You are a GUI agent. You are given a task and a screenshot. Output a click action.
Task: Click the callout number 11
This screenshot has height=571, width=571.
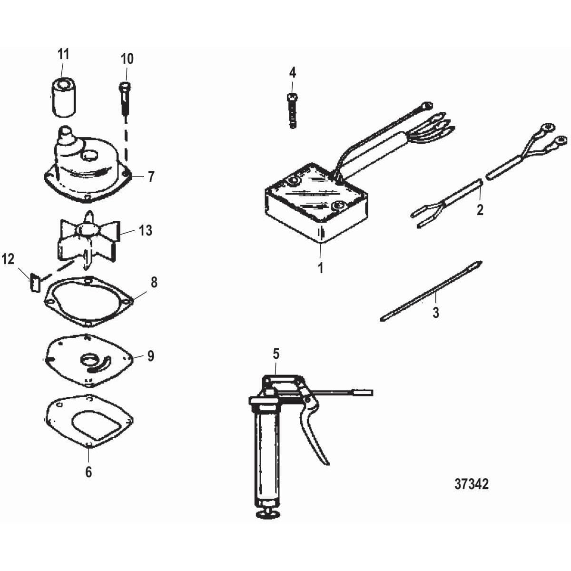[x=63, y=54]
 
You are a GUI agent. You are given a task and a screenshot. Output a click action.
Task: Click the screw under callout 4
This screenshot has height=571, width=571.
[x=293, y=110]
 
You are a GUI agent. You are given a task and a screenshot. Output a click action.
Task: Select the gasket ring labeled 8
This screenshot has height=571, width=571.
[x=89, y=302]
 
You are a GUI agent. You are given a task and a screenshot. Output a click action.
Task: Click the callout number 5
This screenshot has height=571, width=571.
[x=276, y=354]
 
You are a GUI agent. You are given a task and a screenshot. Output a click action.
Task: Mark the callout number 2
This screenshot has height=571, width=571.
[x=480, y=210]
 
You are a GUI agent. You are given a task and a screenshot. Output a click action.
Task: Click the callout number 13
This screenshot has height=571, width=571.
[x=146, y=230]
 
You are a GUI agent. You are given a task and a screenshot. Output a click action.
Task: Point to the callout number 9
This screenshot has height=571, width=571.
[x=151, y=356]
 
